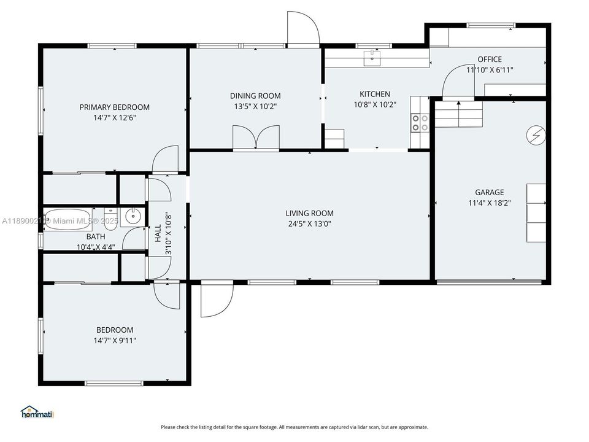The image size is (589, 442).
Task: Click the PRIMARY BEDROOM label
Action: [114, 107]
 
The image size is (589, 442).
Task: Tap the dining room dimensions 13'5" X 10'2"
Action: [255, 106]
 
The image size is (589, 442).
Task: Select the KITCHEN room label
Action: [374, 94]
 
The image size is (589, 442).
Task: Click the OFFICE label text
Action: [490, 60]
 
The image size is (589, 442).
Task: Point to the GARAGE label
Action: [489, 192]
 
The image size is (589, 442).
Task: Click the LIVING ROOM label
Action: [309, 213]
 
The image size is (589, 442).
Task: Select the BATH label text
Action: [95, 236]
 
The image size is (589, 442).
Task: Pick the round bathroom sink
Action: [131, 216]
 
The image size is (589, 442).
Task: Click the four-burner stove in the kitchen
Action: [420, 123]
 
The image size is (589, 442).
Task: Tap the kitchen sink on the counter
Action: [372, 58]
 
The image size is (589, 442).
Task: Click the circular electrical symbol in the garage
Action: [536, 134]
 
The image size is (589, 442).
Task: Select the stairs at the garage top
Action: [460, 114]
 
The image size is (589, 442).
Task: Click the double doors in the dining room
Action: [256, 137]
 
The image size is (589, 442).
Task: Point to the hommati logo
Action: [37, 412]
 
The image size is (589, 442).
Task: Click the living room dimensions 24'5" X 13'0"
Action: [309, 224]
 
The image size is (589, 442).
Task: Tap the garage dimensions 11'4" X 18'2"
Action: [489, 203]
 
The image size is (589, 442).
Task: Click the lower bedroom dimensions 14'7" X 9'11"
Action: [114, 341]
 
